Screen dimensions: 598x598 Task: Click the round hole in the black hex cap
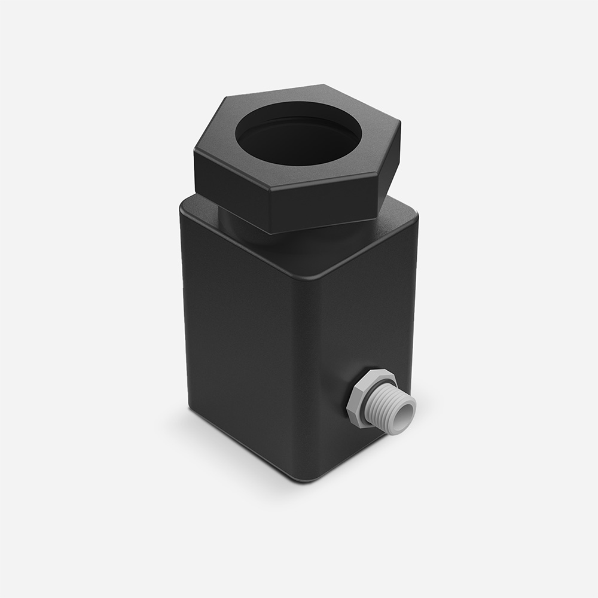click(x=299, y=142)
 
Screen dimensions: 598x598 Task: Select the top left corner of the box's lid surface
click(x=185, y=203)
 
